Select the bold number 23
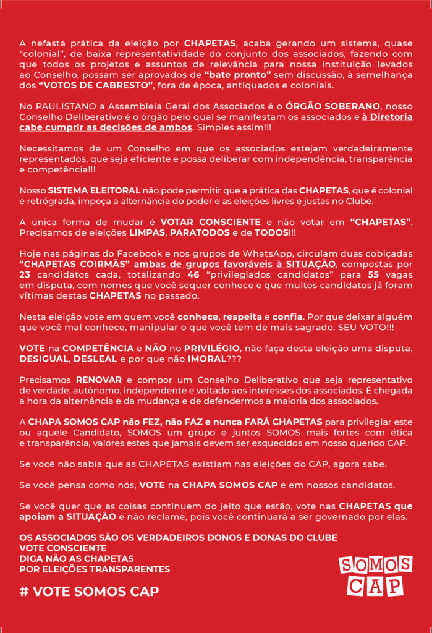click(x=25, y=274)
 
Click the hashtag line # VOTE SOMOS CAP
click(x=89, y=591)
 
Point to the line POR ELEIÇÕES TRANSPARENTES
click(x=95, y=569)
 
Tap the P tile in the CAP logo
click(x=392, y=585)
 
